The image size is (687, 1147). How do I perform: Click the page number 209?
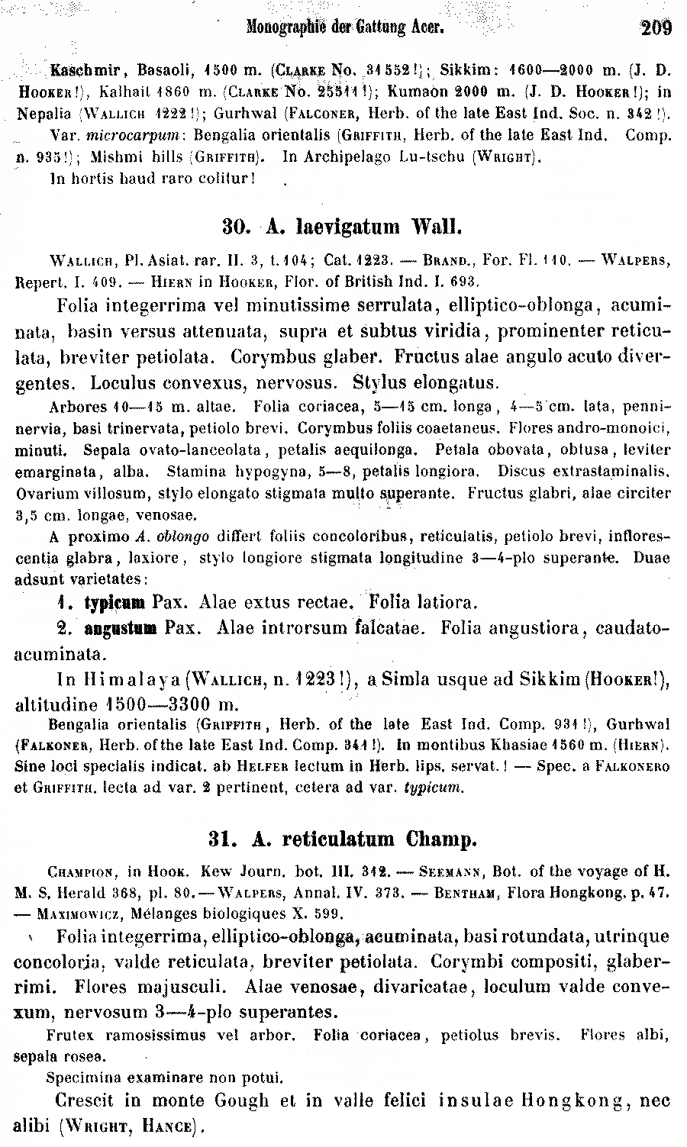[656, 28]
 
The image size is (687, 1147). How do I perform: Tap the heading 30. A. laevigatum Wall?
[342, 227]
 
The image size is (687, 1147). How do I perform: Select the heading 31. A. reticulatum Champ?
[342, 839]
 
